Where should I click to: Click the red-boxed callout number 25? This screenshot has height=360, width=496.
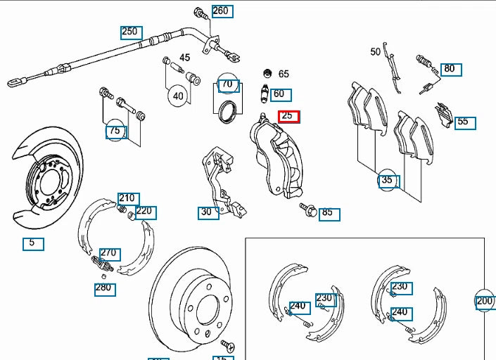click(x=288, y=116)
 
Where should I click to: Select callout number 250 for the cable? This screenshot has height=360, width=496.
click(x=131, y=32)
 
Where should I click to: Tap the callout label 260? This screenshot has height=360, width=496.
click(x=222, y=11)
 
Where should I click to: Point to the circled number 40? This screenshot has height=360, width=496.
click(x=177, y=96)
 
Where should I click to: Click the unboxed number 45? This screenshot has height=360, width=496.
click(x=185, y=58)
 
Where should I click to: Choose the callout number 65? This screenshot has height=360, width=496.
click(x=284, y=74)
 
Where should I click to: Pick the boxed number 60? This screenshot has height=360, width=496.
click(x=280, y=94)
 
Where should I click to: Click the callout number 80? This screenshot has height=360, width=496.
click(x=449, y=69)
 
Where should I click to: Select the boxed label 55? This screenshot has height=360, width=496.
click(x=464, y=122)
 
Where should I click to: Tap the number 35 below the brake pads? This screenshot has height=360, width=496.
click(x=388, y=181)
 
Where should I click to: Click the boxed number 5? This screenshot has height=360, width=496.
click(x=32, y=244)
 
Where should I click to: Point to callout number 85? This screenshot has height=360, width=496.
click(x=329, y=212)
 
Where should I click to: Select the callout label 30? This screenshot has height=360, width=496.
click(x=208, y=212)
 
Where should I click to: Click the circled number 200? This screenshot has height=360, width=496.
click(x=485, y=300)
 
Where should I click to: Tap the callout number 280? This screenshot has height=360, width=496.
click(x=104, y=288)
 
